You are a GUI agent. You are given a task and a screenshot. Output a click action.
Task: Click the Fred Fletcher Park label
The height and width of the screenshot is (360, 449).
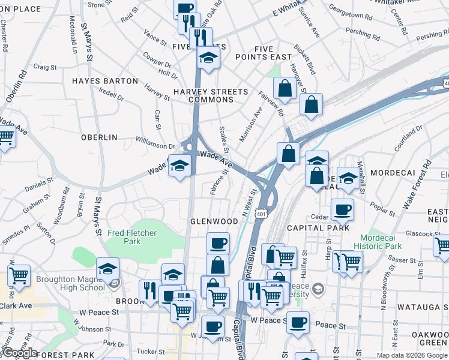click(x=132, y=237)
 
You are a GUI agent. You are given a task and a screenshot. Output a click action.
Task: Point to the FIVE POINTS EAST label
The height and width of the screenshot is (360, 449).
click(x=264, y=53)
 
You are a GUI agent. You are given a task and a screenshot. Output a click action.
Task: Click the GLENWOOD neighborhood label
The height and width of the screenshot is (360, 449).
click(x=214, y=221)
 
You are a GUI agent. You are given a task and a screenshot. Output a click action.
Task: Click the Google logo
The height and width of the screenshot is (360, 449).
click(x=20, y=353)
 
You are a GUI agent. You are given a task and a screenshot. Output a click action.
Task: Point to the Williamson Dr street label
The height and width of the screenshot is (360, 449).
click(x=155, y=145)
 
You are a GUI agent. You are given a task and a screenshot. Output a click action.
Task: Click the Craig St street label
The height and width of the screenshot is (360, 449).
click(x=45, y=67)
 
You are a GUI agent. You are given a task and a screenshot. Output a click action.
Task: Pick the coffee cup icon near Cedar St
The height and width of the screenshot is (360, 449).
click(x=342, y=209)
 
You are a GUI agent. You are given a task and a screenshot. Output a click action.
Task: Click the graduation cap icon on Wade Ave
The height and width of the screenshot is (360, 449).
click(x=179, y=166)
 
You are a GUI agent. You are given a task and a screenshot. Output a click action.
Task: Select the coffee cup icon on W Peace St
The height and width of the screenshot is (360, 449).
click(x=297, y=322)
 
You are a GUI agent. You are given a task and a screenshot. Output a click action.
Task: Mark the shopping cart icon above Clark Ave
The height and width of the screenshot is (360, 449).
click(x=19, y=276)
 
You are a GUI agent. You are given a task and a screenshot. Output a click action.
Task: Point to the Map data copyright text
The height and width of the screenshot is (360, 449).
click(x=411, y=355)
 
